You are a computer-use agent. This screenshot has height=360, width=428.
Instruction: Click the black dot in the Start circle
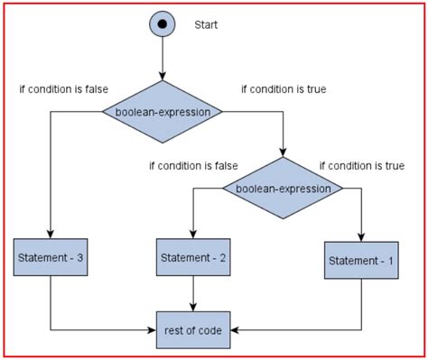point(163,24)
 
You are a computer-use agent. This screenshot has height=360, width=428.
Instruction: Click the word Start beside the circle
point(207,24)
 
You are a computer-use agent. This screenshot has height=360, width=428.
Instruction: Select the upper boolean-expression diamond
point(163,112)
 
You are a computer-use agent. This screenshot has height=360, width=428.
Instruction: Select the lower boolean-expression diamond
point(283,189)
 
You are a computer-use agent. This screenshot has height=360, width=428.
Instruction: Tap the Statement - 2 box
point(192,258)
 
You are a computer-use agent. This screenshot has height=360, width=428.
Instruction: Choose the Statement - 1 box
point(361,261)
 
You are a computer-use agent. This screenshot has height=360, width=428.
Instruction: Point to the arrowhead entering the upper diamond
point(163,77)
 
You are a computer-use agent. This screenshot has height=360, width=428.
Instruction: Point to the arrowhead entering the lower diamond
point(283,153)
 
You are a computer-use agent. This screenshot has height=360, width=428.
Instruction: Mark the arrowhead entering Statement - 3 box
point(50,235)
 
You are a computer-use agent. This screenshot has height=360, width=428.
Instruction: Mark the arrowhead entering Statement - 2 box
point(192,234)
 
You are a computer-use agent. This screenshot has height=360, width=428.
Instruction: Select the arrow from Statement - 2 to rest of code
point(192,293)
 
